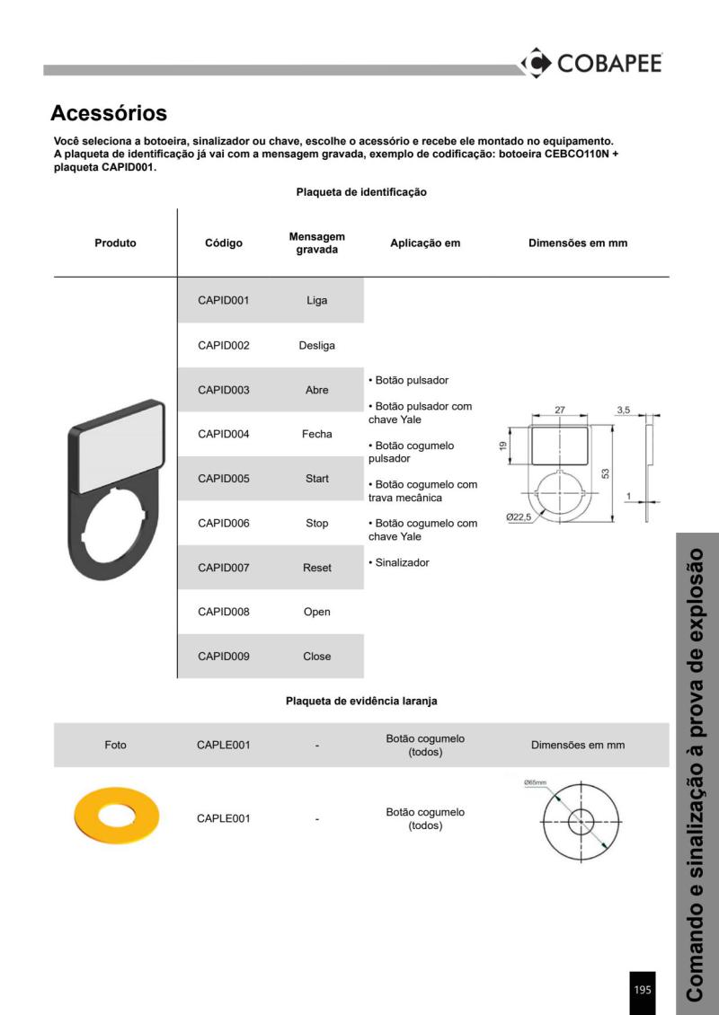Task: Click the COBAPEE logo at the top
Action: click(591, 63)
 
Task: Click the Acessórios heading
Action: click(109, 114)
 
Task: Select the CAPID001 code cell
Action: click(223, 301)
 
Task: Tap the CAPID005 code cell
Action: click(223, 479)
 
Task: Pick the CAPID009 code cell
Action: click(223, 657)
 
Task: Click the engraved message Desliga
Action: click(317, 345)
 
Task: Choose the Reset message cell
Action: click(317, 568)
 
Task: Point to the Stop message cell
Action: click(317, 523)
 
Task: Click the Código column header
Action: click(223, 243)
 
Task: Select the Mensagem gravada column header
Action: click(317, 243)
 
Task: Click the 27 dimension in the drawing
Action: click(559, 410)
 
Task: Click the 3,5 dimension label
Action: click(624, 410)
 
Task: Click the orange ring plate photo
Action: click(116, 818)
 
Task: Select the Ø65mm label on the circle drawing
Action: click(536, 783)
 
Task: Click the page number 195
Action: click(643, 990)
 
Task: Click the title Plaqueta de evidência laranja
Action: click(361, 700)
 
